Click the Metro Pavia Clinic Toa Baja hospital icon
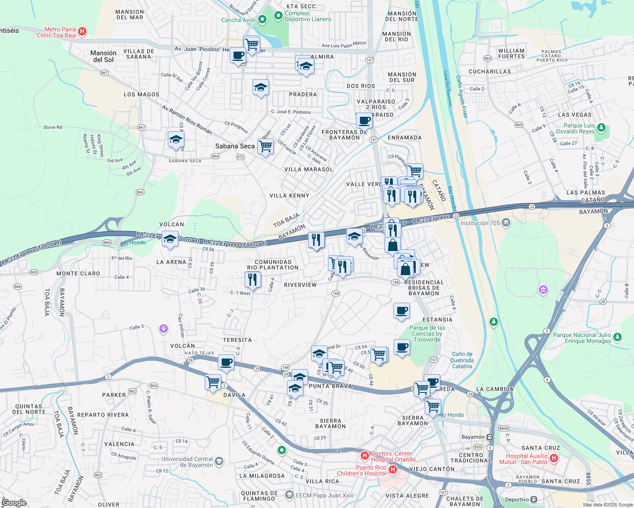[x=83, y=31]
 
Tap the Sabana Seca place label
[x=235, y=146]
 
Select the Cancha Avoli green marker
[x=262, y=19]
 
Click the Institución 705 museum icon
[x=506, y=223]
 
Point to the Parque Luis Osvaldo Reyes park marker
[x=601, y=127]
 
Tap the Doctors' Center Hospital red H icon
[x=364, y=456]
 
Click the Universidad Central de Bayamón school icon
[x=219, y=461]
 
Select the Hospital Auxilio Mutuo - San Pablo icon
[x=554, y=458]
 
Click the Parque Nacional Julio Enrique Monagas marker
[x=617, y=337]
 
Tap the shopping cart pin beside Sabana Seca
[x=265, y=146]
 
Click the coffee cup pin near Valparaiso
[x=364, y=121]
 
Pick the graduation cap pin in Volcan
[x=170, y=239]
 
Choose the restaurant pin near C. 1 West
[x=253, y=279]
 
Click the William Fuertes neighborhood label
[x=512, y=53]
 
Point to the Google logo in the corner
[x=14, y=503]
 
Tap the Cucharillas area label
[x=489, y=72]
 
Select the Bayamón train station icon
[x=489, y=437]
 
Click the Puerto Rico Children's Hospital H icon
[x=393, y=469]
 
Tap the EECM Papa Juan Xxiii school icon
[x=289, y=494]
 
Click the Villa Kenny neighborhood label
[x=289, y=196]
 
